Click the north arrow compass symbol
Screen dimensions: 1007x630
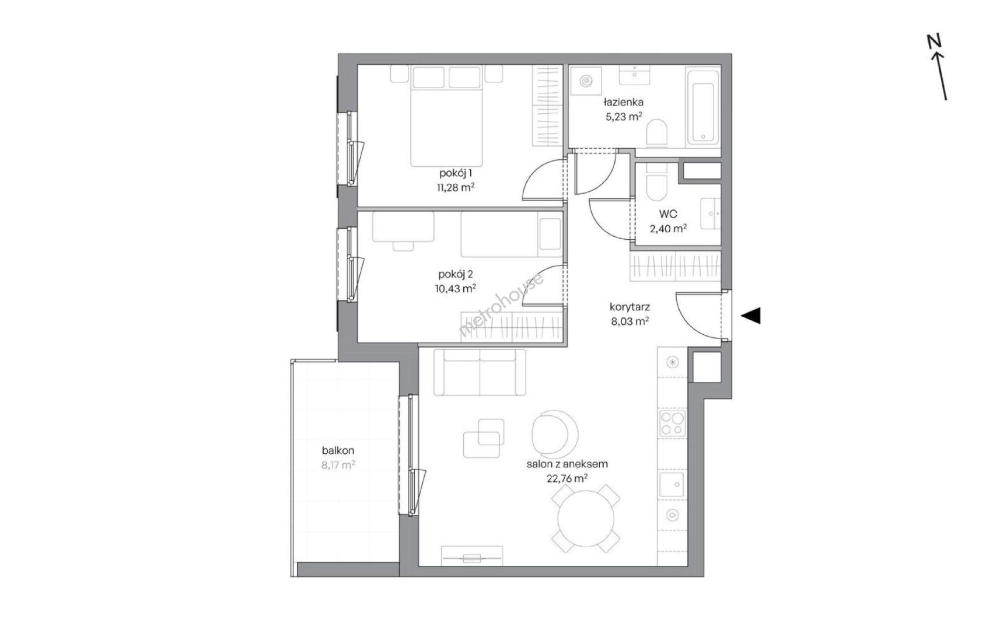coord(938,68)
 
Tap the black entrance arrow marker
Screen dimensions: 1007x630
coord(751,316)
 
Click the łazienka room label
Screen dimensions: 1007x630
coord(624,103)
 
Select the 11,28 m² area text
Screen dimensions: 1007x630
coord(456,187)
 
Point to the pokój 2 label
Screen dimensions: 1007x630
coord(455,274)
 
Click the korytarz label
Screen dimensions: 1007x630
coord(630,307)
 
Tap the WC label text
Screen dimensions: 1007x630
coord(668,214)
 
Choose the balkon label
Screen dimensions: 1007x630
coord(338,450)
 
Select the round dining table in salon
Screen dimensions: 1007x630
coord(586,518)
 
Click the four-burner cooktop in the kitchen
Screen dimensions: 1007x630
coord(672,423)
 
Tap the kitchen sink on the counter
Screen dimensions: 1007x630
coord(672,485)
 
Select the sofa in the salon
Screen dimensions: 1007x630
coord(479,372)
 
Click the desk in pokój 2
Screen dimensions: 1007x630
coord(403,227)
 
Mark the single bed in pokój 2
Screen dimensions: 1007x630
coord(511,235)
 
